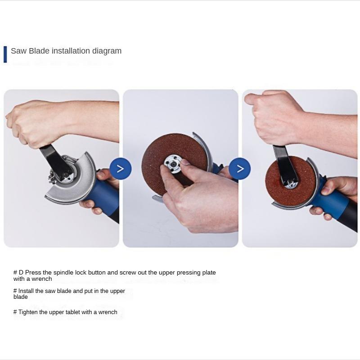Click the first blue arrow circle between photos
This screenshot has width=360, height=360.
pyautogui.click(x=120, y=169)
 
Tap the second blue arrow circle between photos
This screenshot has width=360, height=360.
pyautogui.click(x=240, y=169)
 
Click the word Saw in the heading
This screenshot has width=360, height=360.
pyautogui.click(x=18, y=51)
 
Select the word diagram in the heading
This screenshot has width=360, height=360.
pyautogui.click(x=107, y=51)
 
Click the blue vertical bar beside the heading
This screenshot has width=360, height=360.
pyautogui.click(x=5, y=54)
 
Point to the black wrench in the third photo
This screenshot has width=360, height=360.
pyautogui.click(x=282, y=162)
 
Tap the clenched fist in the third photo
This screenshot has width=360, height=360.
pyautogui.click(x=274, y=117)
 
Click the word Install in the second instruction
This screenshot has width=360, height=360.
pyautogui.click(x=26, y=291)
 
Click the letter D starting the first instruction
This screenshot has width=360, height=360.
pyautogui.click(x=21, y=273)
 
